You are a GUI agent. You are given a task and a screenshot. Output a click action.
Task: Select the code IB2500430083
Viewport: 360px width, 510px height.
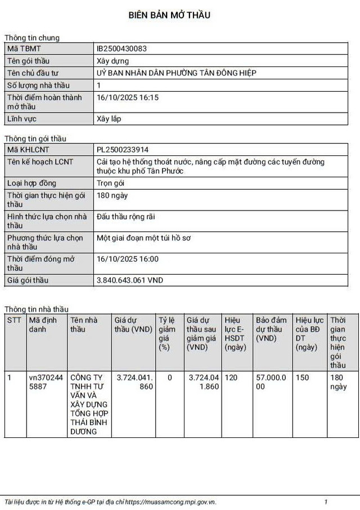[x=121, y=48]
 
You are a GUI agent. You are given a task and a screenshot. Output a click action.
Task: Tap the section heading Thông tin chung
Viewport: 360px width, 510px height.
[x=32, y=38]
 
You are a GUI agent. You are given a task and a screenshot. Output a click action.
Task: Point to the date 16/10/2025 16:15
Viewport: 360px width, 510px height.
[x=128, y=97]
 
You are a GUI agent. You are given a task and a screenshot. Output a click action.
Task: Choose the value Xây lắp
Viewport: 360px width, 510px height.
[x=109, y=119]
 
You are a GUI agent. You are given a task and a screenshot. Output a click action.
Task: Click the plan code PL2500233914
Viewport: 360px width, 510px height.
[x=123, y=150]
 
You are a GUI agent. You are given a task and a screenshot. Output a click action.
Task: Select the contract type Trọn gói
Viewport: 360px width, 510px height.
[x=111, y=183]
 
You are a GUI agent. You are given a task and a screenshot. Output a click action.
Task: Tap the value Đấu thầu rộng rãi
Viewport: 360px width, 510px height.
[x=125, y=217]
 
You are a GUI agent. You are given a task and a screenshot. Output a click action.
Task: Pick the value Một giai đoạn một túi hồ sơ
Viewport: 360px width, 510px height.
[x=144, y=238]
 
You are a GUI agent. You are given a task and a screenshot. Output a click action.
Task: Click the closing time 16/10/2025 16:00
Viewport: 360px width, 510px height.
[x=128, y=259]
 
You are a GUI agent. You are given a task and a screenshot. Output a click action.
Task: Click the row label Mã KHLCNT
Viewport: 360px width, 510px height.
[x=28, y=150]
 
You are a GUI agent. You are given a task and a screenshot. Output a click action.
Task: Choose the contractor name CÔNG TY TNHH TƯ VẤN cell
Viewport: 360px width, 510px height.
[x=88, y=404]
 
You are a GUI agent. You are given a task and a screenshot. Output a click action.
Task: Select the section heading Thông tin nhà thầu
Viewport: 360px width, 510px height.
[x=37, y=309]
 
